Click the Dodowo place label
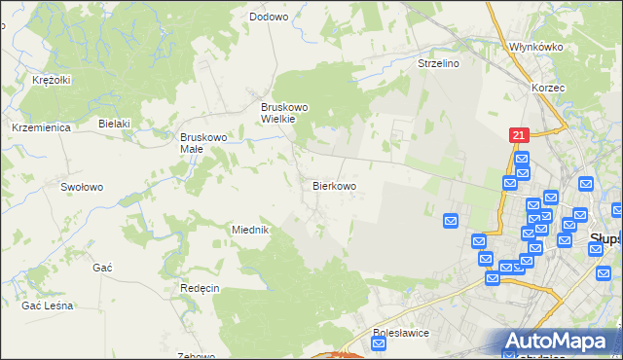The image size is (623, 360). pos(269,17)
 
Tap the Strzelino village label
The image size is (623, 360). pos(438,63)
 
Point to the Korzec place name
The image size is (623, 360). pos(548,87)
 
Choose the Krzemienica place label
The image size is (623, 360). pos(38,127)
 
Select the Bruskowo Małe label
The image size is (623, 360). pos(203,143)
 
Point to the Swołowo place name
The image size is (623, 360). pos(82,186)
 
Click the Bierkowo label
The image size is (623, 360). pos(334,185)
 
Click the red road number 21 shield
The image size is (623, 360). pos(519,137)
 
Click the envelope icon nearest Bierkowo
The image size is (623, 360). pos(451,221)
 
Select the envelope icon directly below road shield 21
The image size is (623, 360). pos(521,160)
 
